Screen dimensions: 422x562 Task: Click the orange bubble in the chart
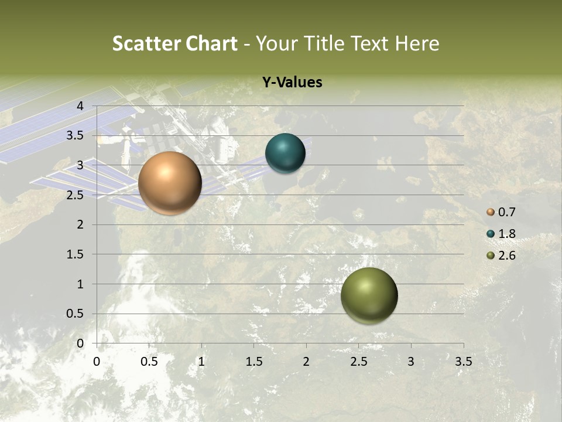point(170,183)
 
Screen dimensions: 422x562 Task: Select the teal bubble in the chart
point(285,154)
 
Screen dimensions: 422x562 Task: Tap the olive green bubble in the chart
point(369,295)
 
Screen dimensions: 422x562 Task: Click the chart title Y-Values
point(292,83)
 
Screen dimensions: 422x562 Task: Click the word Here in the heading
point(417,43)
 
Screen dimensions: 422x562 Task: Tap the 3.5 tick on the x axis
point(463,362)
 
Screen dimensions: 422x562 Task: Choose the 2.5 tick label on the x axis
point(358,362)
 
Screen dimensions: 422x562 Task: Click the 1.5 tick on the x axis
point(253,362)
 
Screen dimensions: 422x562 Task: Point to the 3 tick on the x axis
point(411,362)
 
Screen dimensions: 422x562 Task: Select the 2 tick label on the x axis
point(306,362)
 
